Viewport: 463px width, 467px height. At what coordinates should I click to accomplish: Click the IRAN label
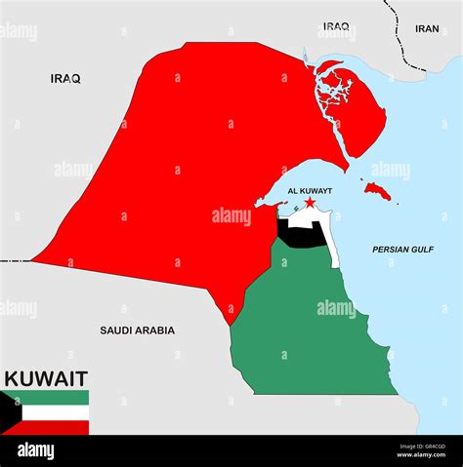427,28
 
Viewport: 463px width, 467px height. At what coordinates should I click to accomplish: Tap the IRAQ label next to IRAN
336,26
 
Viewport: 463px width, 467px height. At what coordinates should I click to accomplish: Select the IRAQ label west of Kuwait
65,78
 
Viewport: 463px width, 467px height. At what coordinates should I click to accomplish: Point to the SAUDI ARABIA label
138,331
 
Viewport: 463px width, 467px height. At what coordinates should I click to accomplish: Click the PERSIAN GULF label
402,250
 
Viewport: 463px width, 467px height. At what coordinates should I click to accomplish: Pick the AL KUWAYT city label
310,191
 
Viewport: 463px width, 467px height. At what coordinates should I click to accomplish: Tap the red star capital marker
310,203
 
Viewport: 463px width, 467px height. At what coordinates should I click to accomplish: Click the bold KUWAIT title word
46,378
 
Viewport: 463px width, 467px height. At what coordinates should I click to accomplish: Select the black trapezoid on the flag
9,412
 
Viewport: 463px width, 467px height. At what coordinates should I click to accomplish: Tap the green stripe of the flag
54,397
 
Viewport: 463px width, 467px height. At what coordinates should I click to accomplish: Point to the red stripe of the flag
54,427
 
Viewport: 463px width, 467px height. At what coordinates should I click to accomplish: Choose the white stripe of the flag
54,412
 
